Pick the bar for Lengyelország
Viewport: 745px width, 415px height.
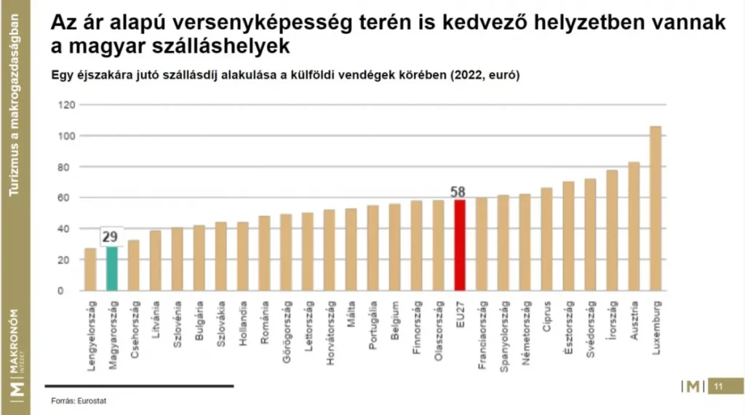tap(90, 270)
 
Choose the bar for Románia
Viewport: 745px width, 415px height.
tap(264, 254)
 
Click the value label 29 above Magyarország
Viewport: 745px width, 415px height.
tap(111, 237)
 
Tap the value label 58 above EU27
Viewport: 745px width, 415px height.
tap(458, 193)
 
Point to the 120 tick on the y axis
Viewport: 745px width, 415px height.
tap(66, 105)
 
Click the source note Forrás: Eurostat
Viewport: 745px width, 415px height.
tap(73, 400)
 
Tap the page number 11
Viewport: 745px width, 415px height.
tap(717, 386)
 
